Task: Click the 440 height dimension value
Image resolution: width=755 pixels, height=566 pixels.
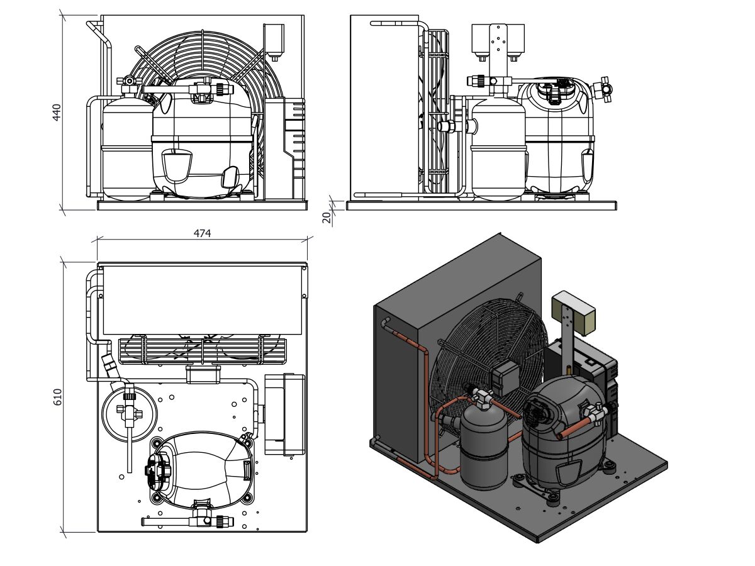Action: [x=57, y=112]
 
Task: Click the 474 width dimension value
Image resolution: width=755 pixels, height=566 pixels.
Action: [x=202, y=233]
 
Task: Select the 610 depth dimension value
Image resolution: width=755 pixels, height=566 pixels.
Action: [x=57, y=397]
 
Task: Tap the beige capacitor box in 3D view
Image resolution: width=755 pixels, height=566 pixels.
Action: [x=573, y=313]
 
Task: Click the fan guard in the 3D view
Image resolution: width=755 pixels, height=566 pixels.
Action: [x=488, y=352]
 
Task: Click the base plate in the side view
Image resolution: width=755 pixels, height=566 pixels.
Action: [x=481, y=205]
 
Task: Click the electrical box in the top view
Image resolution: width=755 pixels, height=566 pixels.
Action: [x=285, y=414]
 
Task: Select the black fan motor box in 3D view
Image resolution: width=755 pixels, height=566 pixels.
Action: [x=506, y=377]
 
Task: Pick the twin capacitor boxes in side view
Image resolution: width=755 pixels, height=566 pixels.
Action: [x=498, y=39]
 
